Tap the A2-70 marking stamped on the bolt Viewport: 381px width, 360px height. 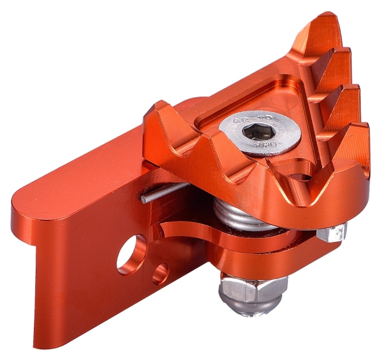[248, 121]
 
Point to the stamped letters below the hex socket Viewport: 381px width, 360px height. [261, 145]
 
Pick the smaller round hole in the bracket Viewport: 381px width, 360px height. [160, 274]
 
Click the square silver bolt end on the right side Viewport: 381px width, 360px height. [331, 232]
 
